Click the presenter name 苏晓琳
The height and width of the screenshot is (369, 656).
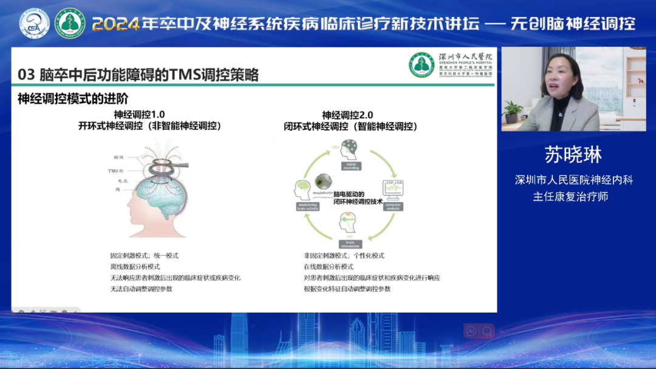(573, 155)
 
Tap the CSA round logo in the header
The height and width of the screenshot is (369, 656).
(35, 24)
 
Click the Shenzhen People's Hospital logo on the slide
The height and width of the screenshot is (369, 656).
(422, 64)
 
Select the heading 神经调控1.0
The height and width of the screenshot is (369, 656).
(139, 114)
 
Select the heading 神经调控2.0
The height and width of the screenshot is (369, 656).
(347, 115)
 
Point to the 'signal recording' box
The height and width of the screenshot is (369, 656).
(351, 166)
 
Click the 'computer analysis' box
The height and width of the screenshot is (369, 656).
(393, 207)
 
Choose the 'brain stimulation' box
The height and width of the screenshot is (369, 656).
(350, 244)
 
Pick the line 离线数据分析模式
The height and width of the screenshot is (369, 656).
(135, 266)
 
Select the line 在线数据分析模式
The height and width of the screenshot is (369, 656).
(329, 266)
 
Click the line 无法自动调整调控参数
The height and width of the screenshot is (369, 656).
(141, 289)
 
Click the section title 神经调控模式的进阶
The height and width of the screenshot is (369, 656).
(73, 98)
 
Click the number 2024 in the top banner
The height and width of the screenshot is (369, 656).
(115, 24)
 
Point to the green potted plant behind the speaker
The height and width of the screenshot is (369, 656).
(513, 110)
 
